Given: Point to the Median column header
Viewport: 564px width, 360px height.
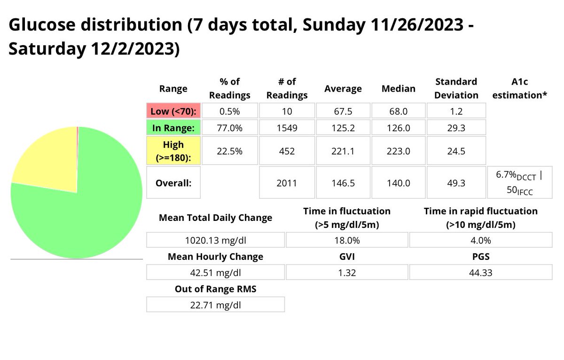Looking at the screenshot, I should (398, 88).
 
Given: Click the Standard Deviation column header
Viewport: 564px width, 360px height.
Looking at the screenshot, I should (455, 88).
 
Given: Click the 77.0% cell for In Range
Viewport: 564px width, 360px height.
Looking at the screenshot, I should (229, 127).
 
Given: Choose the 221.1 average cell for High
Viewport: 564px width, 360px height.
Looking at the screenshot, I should (343, 150).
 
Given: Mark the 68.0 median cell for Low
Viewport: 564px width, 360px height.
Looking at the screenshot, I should (398, 111).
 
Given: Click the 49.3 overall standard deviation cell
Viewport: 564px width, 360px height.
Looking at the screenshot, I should (455, 182).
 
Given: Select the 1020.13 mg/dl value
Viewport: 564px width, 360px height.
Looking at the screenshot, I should (215, 240).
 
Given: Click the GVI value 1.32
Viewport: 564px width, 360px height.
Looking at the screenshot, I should (347, 273).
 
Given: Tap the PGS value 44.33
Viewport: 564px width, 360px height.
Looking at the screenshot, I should (480, 273).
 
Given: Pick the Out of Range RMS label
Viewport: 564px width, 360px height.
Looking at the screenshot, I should (215, 289).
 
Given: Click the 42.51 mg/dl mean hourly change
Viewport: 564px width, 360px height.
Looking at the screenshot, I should (215, 273).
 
